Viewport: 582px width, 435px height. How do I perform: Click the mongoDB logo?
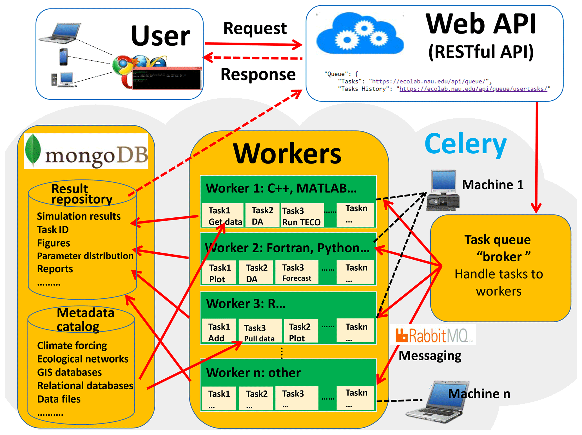86,151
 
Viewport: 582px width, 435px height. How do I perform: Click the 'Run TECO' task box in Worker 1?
302,216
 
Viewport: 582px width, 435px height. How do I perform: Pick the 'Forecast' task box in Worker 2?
297,272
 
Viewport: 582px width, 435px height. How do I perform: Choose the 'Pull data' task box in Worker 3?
259,332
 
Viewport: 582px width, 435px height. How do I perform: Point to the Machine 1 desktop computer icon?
443,190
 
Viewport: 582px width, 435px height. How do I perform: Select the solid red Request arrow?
253,44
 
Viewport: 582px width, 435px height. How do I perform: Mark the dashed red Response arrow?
253,58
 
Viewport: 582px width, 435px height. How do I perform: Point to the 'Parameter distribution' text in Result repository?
85,256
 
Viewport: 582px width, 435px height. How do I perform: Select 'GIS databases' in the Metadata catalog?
69,372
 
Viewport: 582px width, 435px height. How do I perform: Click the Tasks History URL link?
473,89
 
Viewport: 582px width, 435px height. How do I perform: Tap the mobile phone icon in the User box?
64,57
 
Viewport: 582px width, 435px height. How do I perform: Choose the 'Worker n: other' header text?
253,373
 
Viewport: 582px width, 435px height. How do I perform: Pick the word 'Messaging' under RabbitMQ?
430,355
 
